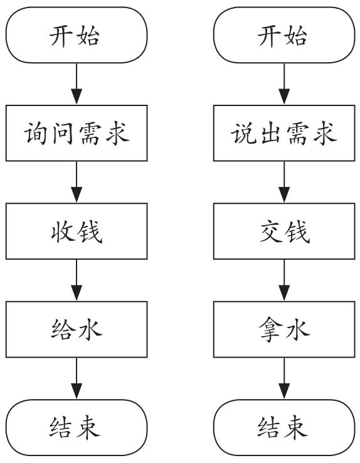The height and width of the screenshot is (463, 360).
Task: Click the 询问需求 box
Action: point(77,133)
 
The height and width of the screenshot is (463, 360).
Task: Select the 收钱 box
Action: point(77,231)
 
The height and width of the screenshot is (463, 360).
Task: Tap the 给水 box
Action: point(77,329)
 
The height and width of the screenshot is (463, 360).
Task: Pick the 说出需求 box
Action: point(284,133)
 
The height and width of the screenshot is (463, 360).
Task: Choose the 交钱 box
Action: point(284,231)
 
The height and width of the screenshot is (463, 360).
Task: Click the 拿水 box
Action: point(284,329)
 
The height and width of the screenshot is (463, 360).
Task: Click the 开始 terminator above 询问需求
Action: point(77,35)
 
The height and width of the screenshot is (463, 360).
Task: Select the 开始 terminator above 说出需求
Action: point(284,35)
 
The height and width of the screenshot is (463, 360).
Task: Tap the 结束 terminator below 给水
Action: point(77,428)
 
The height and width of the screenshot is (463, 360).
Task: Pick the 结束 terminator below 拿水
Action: point(284,428)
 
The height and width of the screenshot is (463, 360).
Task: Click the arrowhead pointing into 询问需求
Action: point(77,97)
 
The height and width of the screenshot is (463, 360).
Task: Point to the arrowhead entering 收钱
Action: point(77,194)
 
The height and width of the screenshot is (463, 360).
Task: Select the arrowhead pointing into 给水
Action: point(77,293)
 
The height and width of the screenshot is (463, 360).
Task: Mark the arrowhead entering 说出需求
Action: point(284,97)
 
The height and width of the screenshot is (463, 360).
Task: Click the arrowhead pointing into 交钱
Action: point(284,194)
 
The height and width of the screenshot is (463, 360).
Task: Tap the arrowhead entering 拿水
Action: point(284,293)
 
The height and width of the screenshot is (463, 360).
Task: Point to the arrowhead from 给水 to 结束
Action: point(77,391)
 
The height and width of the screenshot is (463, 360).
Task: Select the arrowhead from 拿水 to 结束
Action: point(284,391)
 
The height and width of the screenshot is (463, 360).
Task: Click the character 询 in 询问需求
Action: point(36,134)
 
